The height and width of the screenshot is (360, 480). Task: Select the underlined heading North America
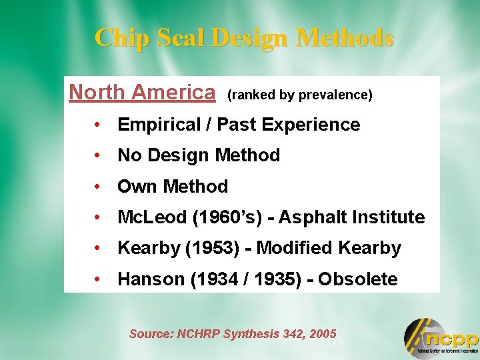pyautogui.click(x=142, y=92)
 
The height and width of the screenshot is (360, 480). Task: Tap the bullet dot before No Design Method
pyautogui.click(x=97, y=155)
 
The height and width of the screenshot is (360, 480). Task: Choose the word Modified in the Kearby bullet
pyautogui.click(x=295, y=249)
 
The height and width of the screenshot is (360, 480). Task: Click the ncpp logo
pyautogui.click(x=440, y=337)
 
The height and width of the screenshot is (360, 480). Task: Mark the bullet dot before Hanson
pyautogui.click(x=97, y=279)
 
